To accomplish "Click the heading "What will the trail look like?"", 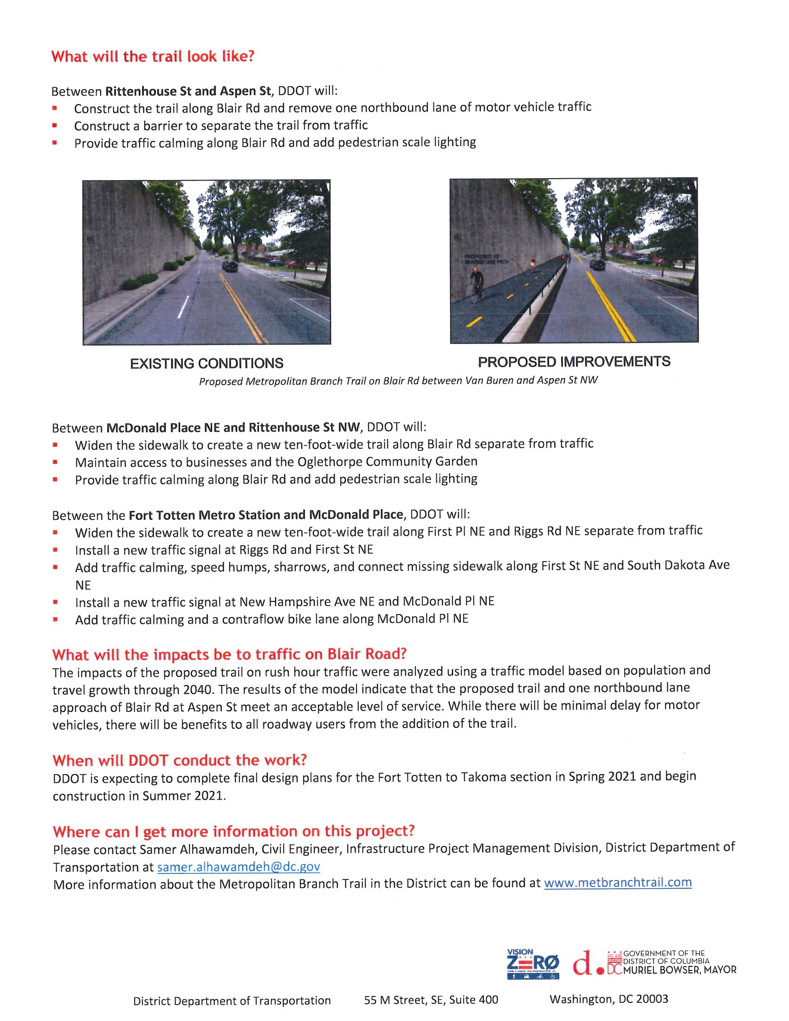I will (153, 57).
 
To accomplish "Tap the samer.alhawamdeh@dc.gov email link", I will (239, 867).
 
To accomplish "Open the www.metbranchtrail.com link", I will (617, 883).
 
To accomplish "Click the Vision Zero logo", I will (532, 964).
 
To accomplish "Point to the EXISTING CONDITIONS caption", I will (207, 363).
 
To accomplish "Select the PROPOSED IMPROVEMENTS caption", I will (574, 362).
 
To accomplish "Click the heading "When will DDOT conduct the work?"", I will (180, 761).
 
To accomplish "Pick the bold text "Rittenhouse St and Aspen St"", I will (188, 90).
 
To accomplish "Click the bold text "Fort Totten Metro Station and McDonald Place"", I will (265, 515).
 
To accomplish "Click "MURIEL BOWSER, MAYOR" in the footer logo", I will (679, 970).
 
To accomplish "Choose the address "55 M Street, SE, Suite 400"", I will (431, 1000).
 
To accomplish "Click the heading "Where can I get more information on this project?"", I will (234, 831).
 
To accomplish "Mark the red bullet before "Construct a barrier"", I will (55, 125).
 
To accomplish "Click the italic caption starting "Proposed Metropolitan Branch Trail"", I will (398, 381).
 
